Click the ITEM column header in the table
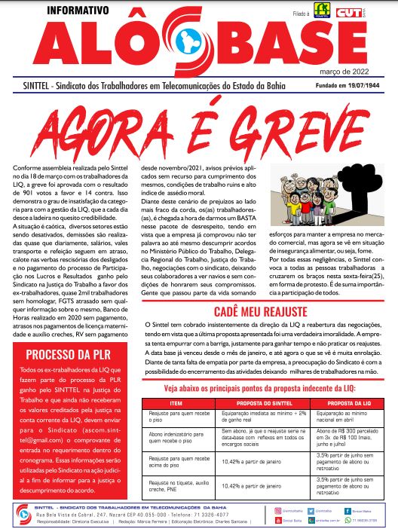pyautogui.click(x=178, y=403)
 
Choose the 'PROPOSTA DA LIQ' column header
pyautogui.click(x=344, y=403)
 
